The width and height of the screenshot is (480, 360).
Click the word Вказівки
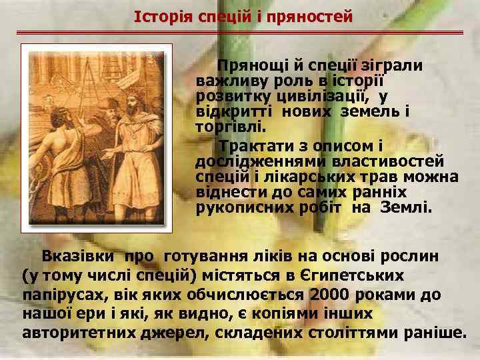click(x=79, y=257)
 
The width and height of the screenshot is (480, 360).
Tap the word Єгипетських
click(x=359, y=275)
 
